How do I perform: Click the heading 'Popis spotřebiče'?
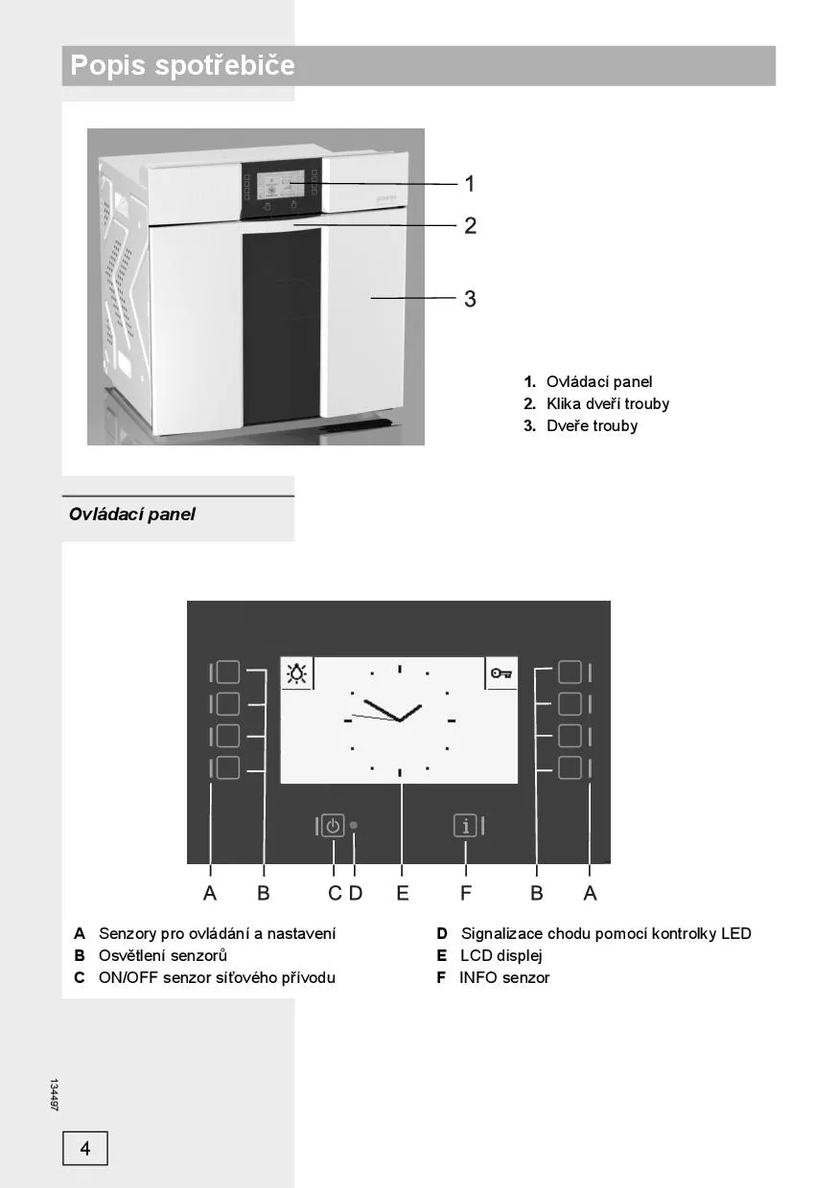coord(182,66)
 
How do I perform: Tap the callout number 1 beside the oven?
coord(470,183)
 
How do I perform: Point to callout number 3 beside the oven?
coord(470,299)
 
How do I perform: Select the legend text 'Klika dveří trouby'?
coord(608,403)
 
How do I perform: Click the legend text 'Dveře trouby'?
coord(592,425)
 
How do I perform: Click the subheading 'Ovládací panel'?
coord(132,514)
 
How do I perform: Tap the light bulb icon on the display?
coord(297,674)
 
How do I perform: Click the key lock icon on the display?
coord(500,674)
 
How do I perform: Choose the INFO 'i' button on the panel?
coord(465,826)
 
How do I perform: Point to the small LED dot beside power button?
coord(354,825)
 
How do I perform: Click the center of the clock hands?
coord(399,720)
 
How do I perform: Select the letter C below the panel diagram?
coord(335,893)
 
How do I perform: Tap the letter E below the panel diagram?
coord(403,893)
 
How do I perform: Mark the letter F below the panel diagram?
coord(466,893)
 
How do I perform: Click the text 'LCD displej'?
coord(500,955)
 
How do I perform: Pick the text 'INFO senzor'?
coord(504,977)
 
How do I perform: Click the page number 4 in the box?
coord(85,1148)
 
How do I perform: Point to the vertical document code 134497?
coord(55,1095)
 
